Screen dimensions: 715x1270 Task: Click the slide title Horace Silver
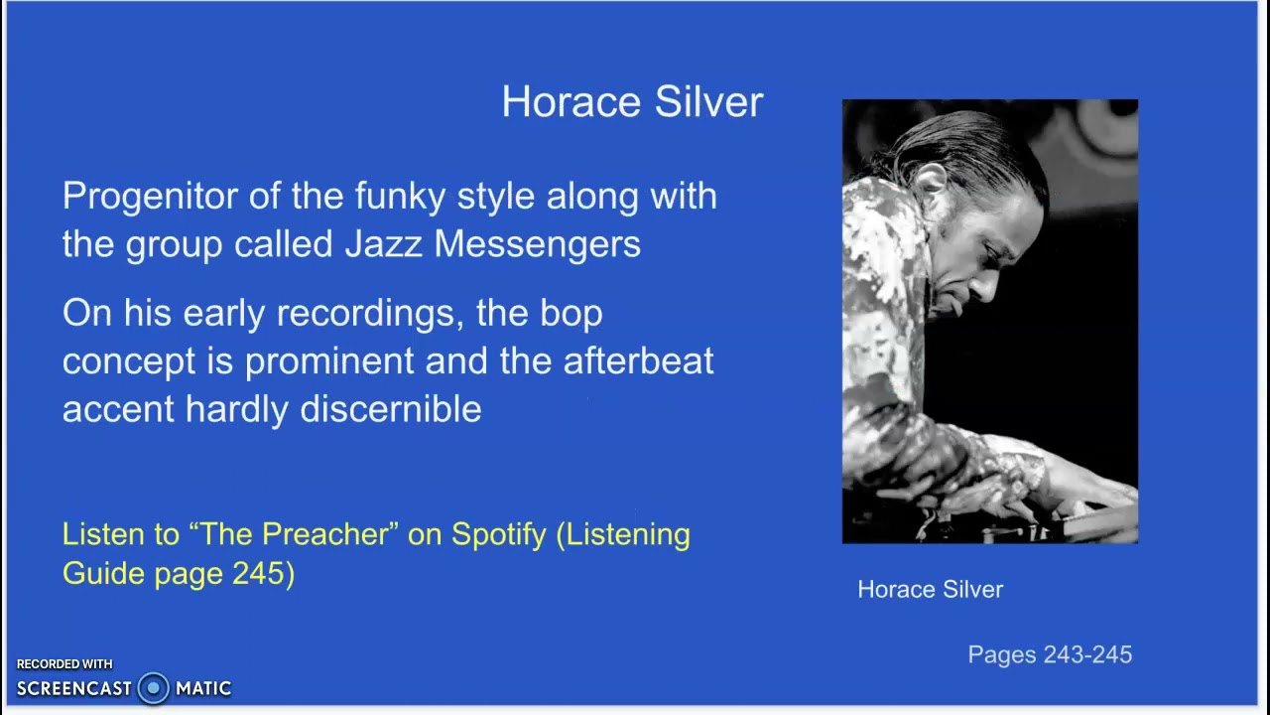click(x=632, y=102)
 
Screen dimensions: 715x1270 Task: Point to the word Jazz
click(x=383, y=244)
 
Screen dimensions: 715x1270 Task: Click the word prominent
click(x=328, y=361)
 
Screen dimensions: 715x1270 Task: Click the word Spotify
click(x=498, y=534)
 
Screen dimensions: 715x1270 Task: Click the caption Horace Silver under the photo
click(x=930, y=590)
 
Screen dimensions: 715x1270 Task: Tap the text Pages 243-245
click(x=1050, y=654)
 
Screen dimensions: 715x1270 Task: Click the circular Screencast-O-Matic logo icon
click(x=153, y=688)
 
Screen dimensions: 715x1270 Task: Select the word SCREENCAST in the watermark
click(x=73, y=688)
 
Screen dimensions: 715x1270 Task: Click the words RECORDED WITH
click(x=64, y=664)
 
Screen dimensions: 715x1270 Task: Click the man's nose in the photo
click(x=985, y=287)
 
